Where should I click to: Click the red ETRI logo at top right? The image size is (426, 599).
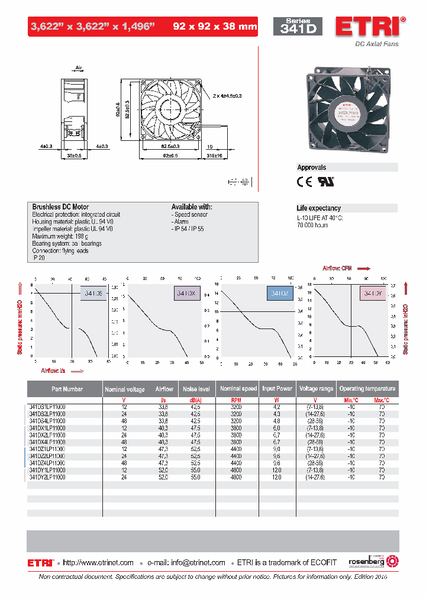370,27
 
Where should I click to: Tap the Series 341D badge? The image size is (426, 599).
297,27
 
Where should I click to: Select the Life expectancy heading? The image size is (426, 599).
318,208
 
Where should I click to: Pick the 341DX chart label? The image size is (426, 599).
186,293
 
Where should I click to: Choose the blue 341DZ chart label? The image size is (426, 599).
279,293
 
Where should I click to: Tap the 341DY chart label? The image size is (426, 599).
372,293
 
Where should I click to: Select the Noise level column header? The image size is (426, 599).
196,389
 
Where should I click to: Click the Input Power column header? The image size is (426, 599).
277,389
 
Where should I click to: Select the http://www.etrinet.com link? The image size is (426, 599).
98,563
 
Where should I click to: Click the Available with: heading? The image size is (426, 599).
192,207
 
